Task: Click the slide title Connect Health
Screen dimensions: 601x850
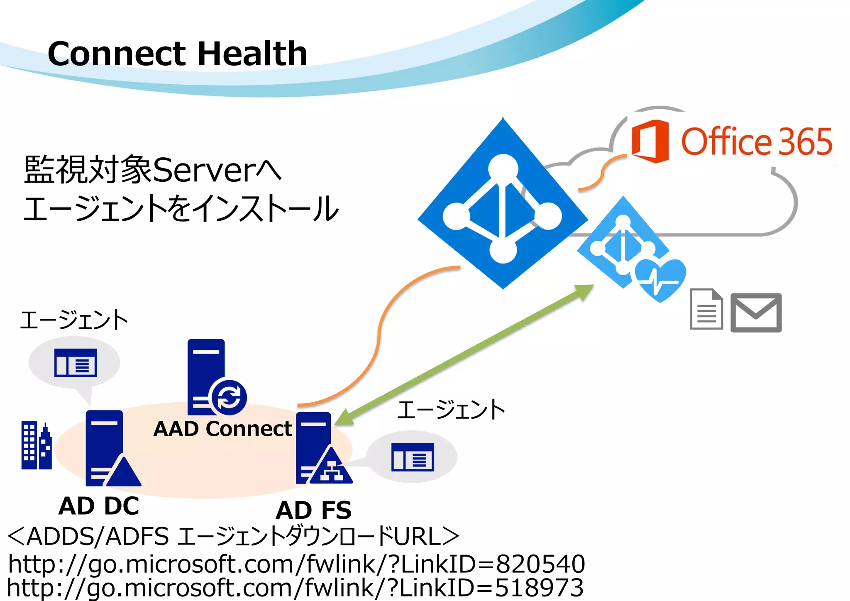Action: [x=177, y=54]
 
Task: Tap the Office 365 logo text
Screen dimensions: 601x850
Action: [x=756, y=142]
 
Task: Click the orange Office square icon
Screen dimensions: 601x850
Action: [x=650, y=141]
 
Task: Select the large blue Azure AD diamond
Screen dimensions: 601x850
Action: [x=502, y=203]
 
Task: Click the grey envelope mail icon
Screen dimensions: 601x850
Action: [x=756, y=313]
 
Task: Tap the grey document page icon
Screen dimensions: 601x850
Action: [x=706, y=309]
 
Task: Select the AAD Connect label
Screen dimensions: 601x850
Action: [x=222, y=429]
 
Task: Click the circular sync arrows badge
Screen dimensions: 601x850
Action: [x=229, y=397]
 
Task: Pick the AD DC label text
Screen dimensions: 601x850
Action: [x=99, y=506]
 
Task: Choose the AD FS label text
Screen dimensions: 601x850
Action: [x=314, y=510]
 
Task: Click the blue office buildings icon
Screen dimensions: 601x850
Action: [x=37, y=445]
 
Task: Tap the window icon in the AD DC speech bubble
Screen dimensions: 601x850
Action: [x=76, y=363]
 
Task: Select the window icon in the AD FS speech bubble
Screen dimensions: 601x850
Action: [x=413, y=457]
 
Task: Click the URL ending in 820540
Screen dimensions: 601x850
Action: [x=296, y=564]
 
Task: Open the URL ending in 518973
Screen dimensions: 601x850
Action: [x=295, y=588]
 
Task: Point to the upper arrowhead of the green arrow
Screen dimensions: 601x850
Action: [x=585, y=290]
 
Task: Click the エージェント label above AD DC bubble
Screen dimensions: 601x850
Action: [x=74, y=320]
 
